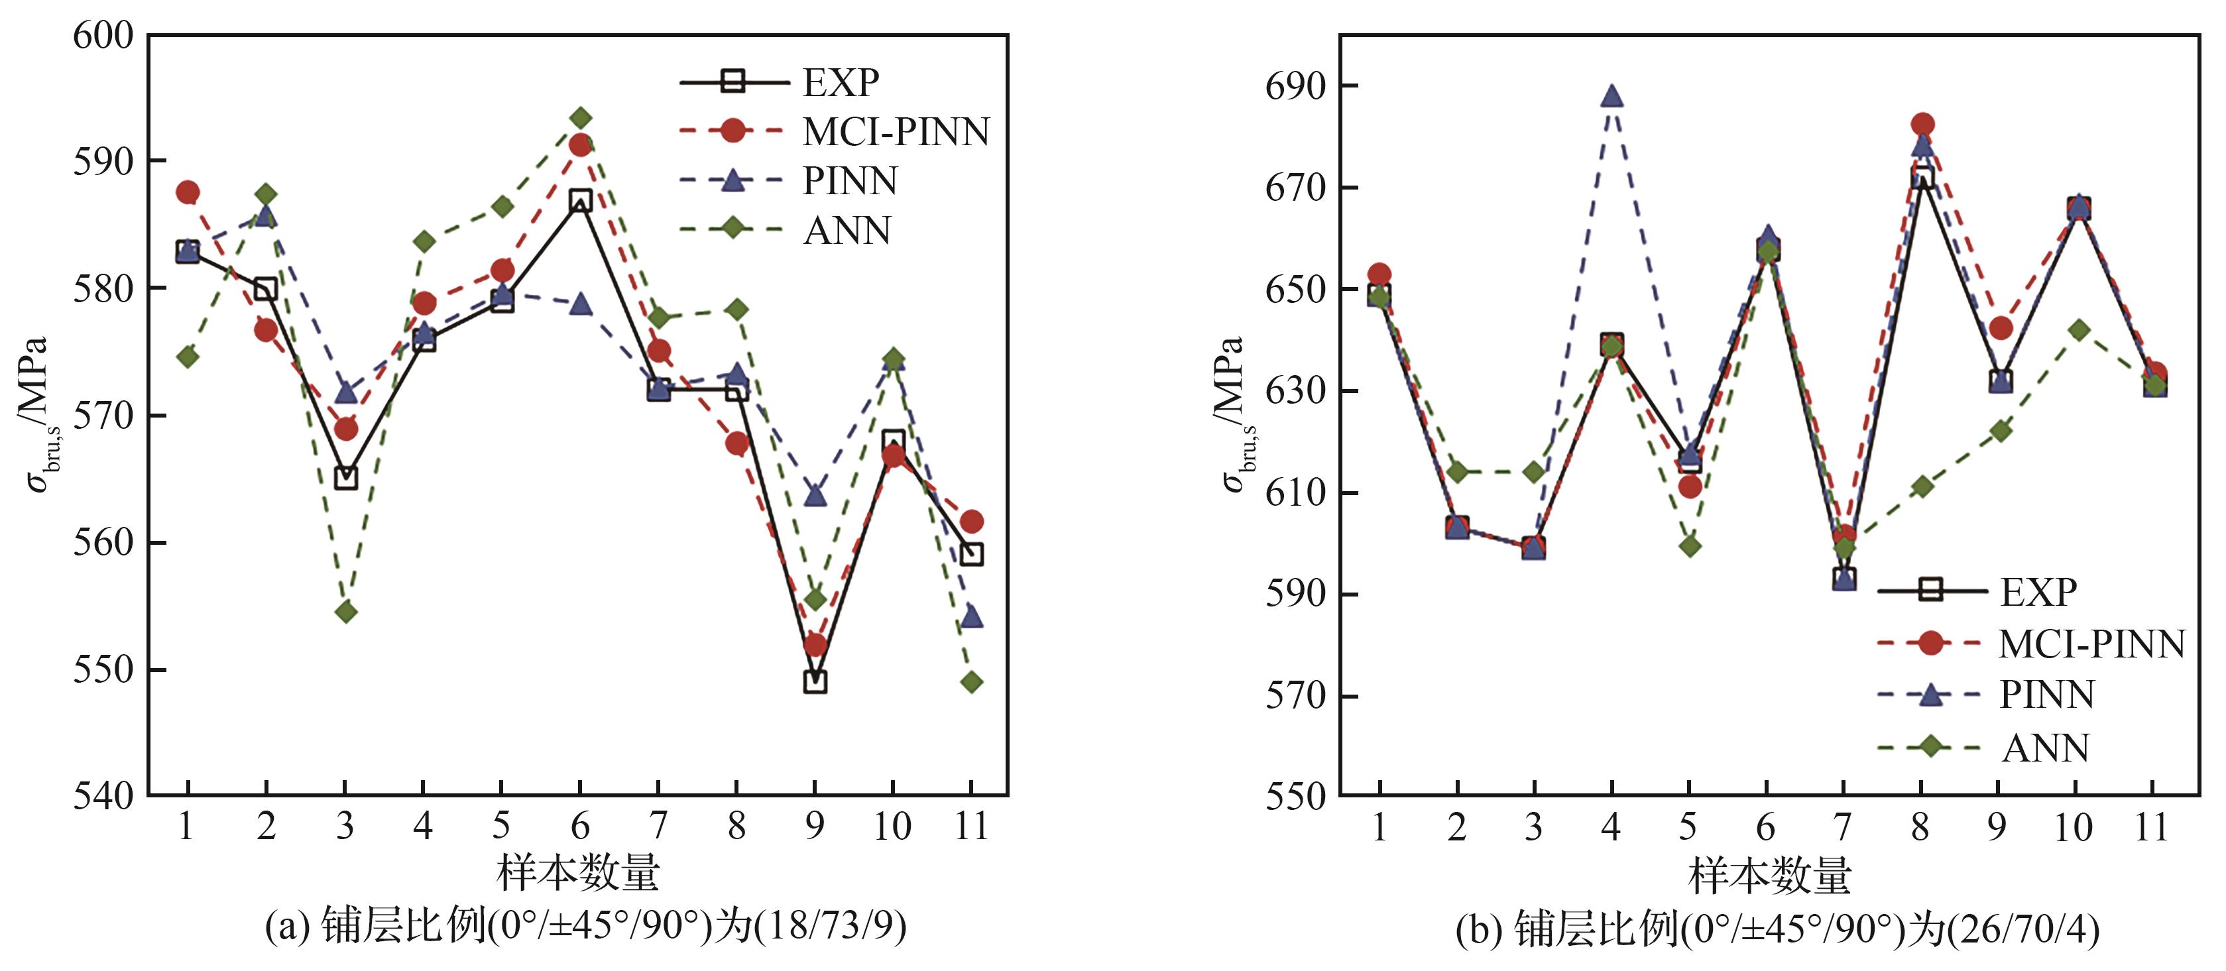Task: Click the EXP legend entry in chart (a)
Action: (x=840, y=83)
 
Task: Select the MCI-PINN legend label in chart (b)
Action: (x=2091, y=644)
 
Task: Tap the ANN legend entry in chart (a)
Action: (x=847, y=231)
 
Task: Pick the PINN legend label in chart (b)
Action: (x=2046, y=695)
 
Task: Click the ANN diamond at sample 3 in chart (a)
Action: (x=345, y=612)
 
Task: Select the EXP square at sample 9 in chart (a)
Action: (x=814, y=681)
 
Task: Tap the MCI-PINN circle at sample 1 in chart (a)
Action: (x=188, y=192)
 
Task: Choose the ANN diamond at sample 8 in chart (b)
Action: (x=1921, y=486)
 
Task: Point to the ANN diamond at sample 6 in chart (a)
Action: (x=581, y=117)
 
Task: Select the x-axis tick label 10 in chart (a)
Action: (x=892, y=827)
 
